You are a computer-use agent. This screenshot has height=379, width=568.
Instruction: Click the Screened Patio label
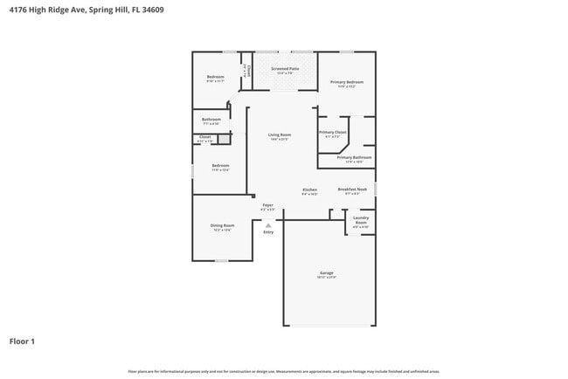tap(285, 69)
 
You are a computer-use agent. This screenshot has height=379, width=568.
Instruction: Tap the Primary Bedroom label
tap(347, 82)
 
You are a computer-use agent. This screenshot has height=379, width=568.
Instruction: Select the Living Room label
tap(280, 135)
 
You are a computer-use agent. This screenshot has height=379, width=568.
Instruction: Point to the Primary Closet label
tap(333, 133)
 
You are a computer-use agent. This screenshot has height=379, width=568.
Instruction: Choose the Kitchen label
tap(309, 190)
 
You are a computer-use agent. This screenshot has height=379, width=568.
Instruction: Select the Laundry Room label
tap(361, 220)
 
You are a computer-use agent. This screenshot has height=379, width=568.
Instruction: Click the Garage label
tap(327, 273)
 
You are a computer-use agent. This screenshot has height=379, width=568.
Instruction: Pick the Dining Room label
tap(222, 226)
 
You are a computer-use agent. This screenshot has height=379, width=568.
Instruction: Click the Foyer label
tap(267, 206)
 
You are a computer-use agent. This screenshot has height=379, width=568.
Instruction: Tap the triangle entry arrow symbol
tap(268, 224)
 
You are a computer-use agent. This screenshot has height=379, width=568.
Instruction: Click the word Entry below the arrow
tap(268, 232)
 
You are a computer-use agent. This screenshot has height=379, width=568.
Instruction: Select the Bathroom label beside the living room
tap(211, 120)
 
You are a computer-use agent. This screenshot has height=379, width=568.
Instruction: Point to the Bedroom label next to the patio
tap(215, 78)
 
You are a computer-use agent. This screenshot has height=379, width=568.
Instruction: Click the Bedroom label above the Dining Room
tap(220, 166)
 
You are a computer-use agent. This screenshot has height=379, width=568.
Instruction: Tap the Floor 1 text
tap(22, 341)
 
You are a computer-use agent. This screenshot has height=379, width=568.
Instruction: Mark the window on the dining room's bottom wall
tap(222, 260)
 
